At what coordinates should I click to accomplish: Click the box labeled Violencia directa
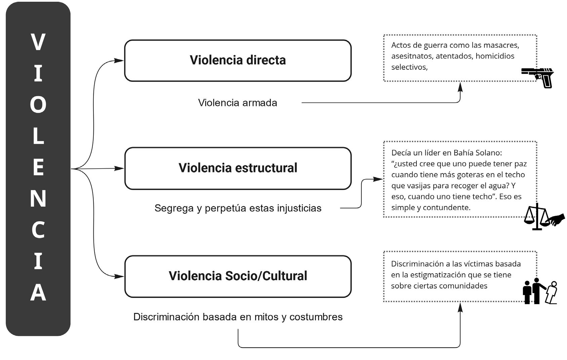[x=238, y=61]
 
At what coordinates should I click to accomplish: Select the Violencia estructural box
[x=238, y=168]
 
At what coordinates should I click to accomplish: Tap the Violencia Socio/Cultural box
[x=238, y=276]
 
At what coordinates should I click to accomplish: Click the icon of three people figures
[x=540, y=291]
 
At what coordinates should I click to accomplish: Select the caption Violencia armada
[x=237, y=103]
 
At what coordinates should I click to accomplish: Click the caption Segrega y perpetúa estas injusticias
[x=238, y=208]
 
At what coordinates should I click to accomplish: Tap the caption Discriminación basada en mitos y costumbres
[x=238, y=317]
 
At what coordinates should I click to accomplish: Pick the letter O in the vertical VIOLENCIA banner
[x=38, y=105]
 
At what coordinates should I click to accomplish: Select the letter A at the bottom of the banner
[x=38, y=292]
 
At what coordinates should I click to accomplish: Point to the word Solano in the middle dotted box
[x=489, y=153]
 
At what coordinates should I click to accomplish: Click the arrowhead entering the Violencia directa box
[x=119, y=61]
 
